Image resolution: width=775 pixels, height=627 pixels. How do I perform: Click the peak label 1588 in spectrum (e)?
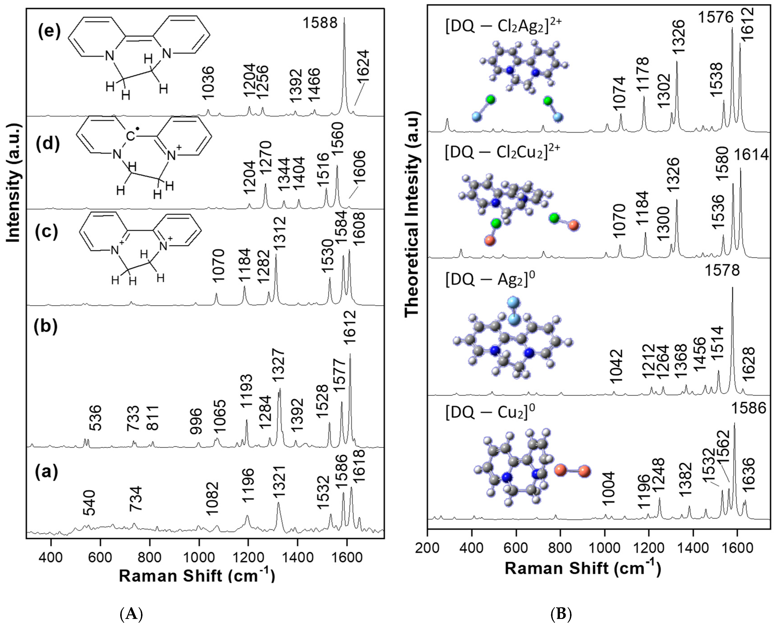pyautogui.click(x=320, y=23)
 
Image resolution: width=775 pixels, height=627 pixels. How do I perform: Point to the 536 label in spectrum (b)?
pyautogui.click(x=95, y=418)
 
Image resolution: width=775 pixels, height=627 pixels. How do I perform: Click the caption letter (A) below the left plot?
pyautogui.click(x=131, y=614)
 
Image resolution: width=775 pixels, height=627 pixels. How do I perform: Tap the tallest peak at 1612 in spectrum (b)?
pyautogui.click(x=350, y=356)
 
